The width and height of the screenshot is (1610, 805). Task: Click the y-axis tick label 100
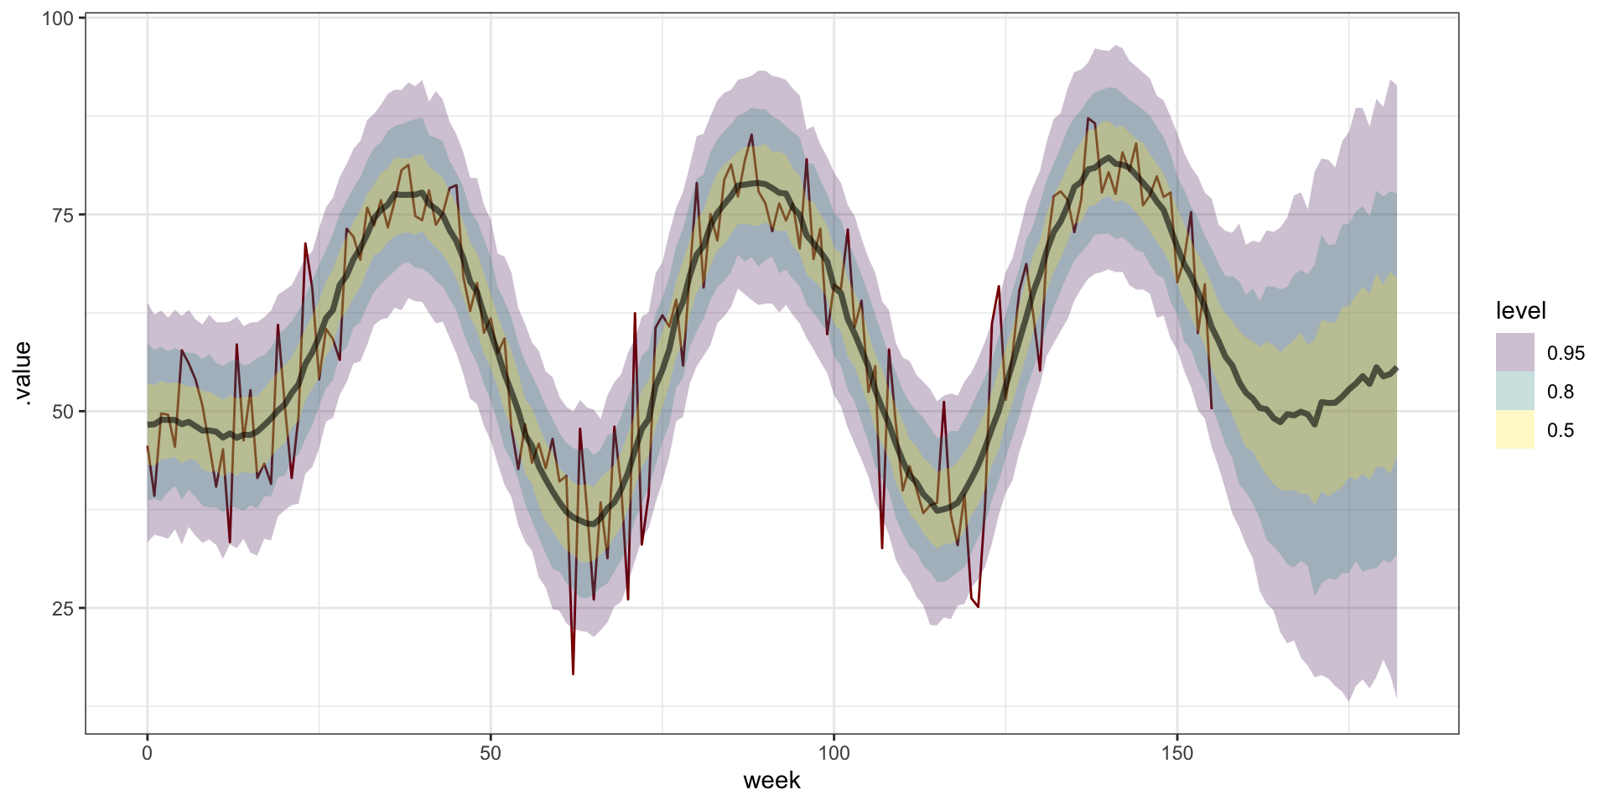pyautogui.click(x=57, y=18)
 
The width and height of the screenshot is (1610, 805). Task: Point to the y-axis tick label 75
pyautogui.click(x=63, y=215)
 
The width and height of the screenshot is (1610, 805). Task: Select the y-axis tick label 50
pyautogui.click(x=63, y=412)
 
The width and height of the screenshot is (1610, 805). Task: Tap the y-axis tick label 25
pyautogui.click(x=63, y=609)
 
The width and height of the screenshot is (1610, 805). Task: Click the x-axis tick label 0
pyautogui.click(x=148, y=753)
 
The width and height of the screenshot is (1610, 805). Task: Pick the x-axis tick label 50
pyautogui.click(x=491, y=753)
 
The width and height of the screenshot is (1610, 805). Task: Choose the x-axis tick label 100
pyautogui.click(x=834, y=753)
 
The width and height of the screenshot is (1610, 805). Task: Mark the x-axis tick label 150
pyautogui.click(x=1176, y=753)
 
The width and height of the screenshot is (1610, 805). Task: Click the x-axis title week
pyautogui.click(x=771, y=781)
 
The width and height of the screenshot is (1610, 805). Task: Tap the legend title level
pyautogui.click(x=1520, y=311)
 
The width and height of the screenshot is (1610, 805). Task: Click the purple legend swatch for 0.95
pyautogui.click(x=1514, y=353)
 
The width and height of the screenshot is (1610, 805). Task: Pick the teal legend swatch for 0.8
pyautogui.click(x=1514, y=392)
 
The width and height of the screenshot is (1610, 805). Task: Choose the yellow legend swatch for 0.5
pyautogui.click(x=1514, y=430)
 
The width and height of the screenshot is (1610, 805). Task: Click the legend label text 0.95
pyautogui.click(x=1566, y=354)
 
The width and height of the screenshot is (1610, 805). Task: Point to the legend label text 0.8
pyautogui.click(x=1561, y=392)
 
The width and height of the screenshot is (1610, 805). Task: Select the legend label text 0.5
pyautogui.click(x=1561, y=431)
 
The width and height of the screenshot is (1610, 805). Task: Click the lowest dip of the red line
pyautogui.click(x=573, y=673)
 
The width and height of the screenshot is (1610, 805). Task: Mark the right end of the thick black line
pyautogui.click(x=1396, y=368)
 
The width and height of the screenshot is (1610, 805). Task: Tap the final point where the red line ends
pyautogui.click(x=1211, y=408)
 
